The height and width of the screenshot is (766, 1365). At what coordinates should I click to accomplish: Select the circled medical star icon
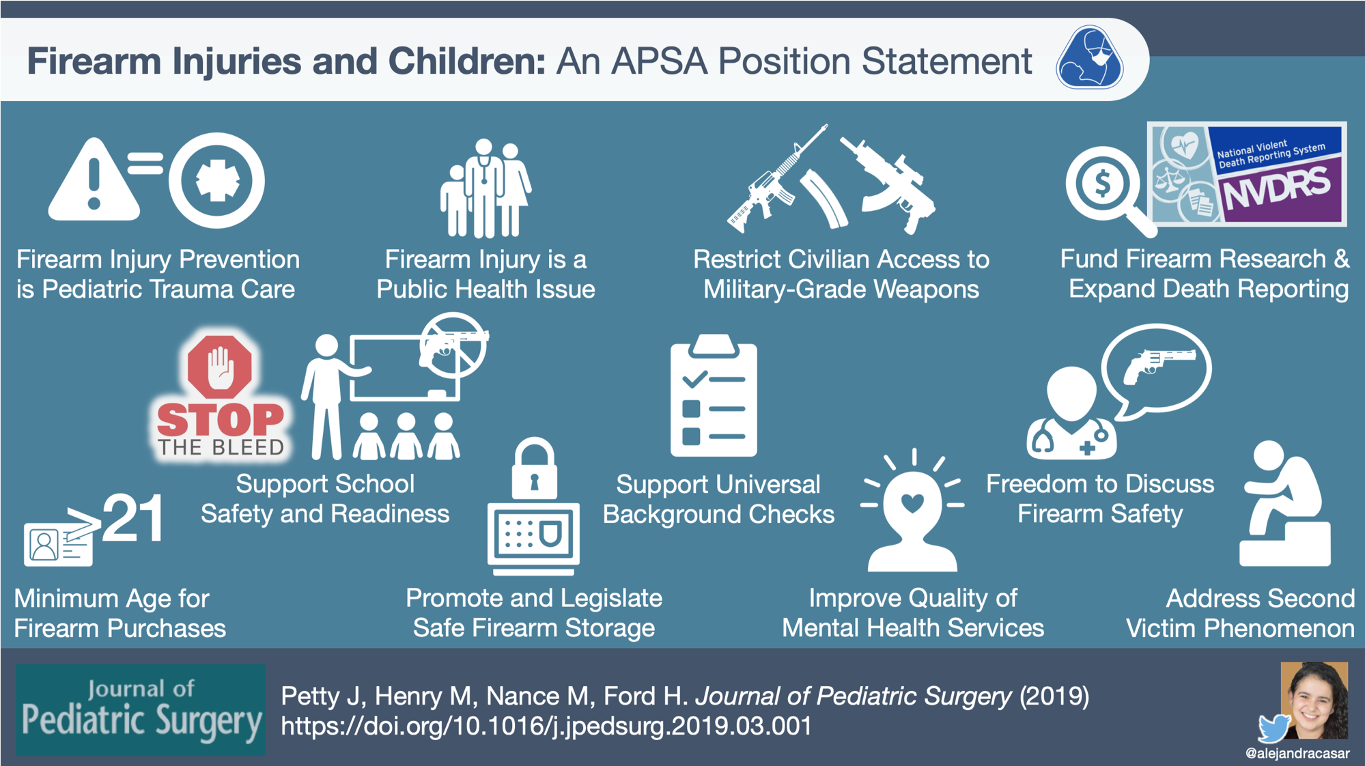(216, 180)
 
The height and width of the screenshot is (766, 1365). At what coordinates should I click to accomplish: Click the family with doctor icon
(486, 188)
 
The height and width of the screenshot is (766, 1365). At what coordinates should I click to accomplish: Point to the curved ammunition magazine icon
(823, 198)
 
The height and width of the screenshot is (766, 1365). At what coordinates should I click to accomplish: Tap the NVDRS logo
(1247, 174)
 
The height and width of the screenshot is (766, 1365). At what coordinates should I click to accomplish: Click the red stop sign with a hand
(219, 367)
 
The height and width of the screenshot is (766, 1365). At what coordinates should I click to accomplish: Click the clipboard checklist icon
(714, 395)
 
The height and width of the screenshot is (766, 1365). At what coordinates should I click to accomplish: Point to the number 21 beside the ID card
(134, 518)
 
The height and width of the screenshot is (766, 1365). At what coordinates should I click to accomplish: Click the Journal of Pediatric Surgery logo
(141, 710)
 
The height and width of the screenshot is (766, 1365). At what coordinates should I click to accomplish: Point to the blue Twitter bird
(1274, 728)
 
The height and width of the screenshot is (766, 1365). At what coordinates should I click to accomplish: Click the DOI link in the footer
(546, 726)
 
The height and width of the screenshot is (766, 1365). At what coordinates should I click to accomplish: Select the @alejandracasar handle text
(1297, 754)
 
